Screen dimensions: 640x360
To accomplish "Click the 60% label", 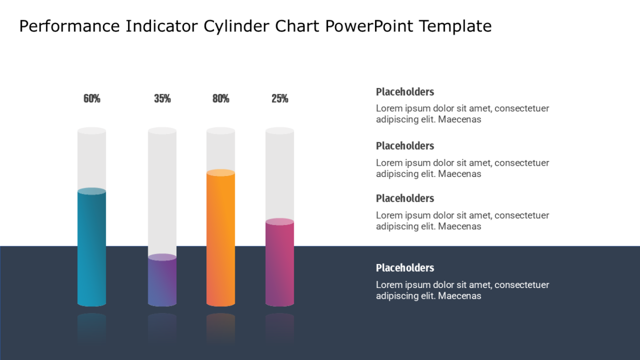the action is [92, 99].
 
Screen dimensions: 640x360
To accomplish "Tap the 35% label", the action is [162, 99].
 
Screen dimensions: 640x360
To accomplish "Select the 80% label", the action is [221, 99].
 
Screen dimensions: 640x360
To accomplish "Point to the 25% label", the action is [279, 99].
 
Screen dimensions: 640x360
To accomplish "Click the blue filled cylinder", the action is [92, 247].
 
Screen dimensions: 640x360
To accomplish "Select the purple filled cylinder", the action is [162, 281].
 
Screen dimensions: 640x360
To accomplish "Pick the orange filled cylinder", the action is [221, 238].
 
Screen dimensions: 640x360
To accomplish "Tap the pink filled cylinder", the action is [279, 262].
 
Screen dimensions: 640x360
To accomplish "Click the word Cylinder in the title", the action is [236, 26].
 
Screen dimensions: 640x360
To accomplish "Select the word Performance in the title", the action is [69, 26].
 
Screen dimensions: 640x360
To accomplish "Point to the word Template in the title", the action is [455, 26].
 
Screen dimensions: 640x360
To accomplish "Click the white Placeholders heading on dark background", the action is [405, 268].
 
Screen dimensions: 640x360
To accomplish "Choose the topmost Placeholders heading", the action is [405, 92].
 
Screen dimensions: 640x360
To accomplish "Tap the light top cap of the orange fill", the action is [221, 173].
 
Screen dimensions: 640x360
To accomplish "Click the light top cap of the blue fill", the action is [92, 191].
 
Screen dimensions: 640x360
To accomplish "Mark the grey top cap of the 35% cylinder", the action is [162, 131].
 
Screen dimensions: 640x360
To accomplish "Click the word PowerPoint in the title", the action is [369, 26].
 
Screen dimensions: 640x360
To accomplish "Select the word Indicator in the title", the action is [162, 26].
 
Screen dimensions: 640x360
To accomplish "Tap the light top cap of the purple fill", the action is [162, 257].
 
